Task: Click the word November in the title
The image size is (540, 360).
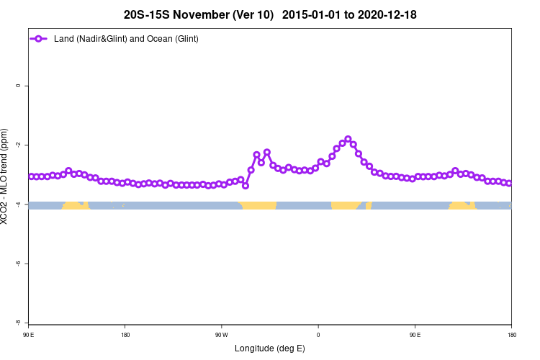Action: (x=197, y=14)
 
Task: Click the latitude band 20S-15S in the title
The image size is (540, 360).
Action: (x=147, y=14)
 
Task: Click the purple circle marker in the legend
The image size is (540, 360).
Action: (x=40, y=38)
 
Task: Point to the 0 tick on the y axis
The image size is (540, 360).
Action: (x=18, y=86)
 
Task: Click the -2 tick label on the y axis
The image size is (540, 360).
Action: (x=17, y=145)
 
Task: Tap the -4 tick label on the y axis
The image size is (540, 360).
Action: (x=17, y=204)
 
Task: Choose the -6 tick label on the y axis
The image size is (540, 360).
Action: (x=17, y=264)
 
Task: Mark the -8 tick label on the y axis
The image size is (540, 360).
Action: (x=17, y=323)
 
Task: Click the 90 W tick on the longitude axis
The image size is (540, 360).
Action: (x=221, y=335)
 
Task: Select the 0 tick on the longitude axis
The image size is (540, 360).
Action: (x=318, y=335)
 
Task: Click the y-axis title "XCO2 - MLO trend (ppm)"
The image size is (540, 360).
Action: (x=6, y=176)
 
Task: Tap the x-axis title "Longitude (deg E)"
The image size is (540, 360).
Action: (x=270, y=348)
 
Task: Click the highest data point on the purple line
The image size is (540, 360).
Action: (x=348, y=139)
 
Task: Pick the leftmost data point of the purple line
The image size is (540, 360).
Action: (x=30, y=176)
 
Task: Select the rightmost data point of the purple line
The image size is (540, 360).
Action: (x=509, y=184)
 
